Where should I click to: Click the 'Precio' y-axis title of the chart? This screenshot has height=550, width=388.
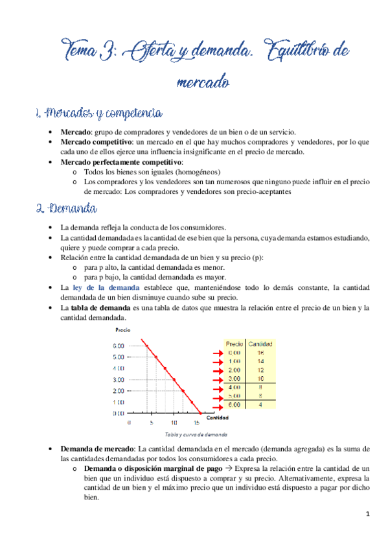122,331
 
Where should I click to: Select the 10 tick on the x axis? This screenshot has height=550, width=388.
174,422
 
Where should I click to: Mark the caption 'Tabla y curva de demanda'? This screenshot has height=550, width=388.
196,435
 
